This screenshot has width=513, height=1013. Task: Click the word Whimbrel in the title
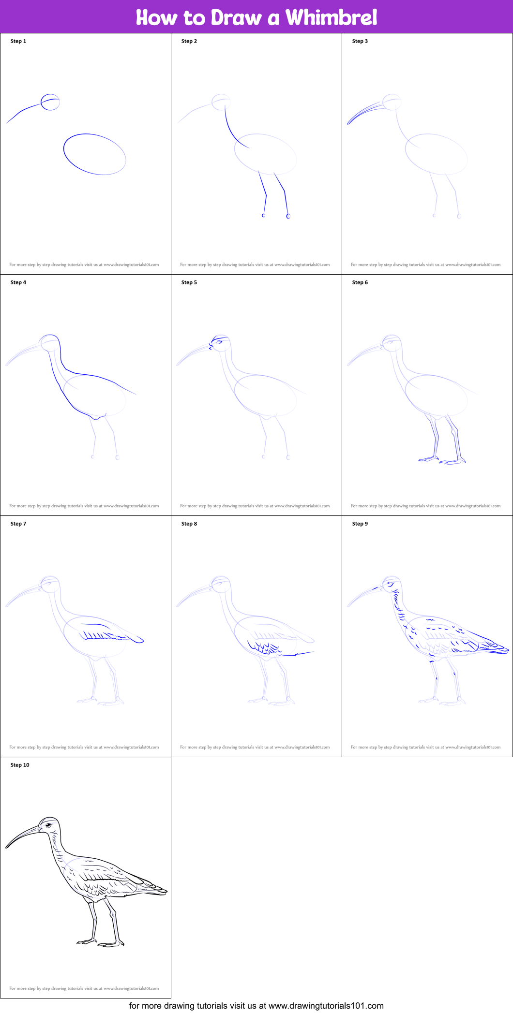(331, 17)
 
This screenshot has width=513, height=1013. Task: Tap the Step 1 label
(18, 41)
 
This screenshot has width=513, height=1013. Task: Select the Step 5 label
(189, 282)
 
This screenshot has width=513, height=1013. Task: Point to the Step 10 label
(20, 765)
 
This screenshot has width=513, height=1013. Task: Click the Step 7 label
(18, 524)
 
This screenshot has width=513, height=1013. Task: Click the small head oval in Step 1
(50, 102)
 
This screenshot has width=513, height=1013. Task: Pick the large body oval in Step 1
(95, 154)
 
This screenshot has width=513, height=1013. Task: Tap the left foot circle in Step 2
(264, 215)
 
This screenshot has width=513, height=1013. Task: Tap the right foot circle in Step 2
(288, 216)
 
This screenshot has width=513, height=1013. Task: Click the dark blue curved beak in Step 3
(363, 112)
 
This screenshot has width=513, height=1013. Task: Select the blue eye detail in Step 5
(219, 342)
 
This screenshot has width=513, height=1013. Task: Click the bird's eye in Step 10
(48, 824)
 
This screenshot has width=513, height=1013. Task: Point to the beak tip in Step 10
(7, 847)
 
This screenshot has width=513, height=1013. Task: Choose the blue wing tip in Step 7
(140, 641)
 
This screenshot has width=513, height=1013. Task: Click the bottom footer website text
(256, 1006)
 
